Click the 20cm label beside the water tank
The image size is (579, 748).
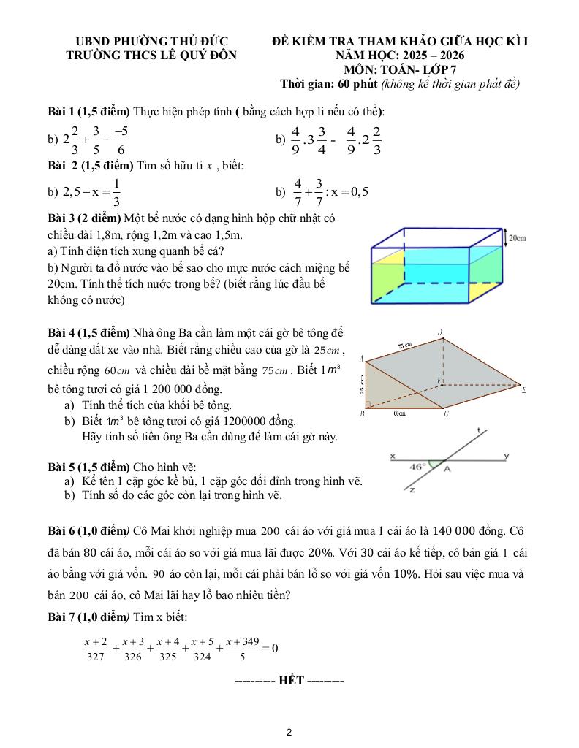pos(517,238)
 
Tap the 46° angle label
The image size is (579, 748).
pos(417,465)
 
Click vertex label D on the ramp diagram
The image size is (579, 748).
pos(439,333)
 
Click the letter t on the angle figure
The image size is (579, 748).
pos(478,431)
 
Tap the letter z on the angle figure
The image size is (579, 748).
pos(412,490)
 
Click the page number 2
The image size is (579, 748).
pos(289,731)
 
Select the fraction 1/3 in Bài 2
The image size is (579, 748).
pos(118,193)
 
